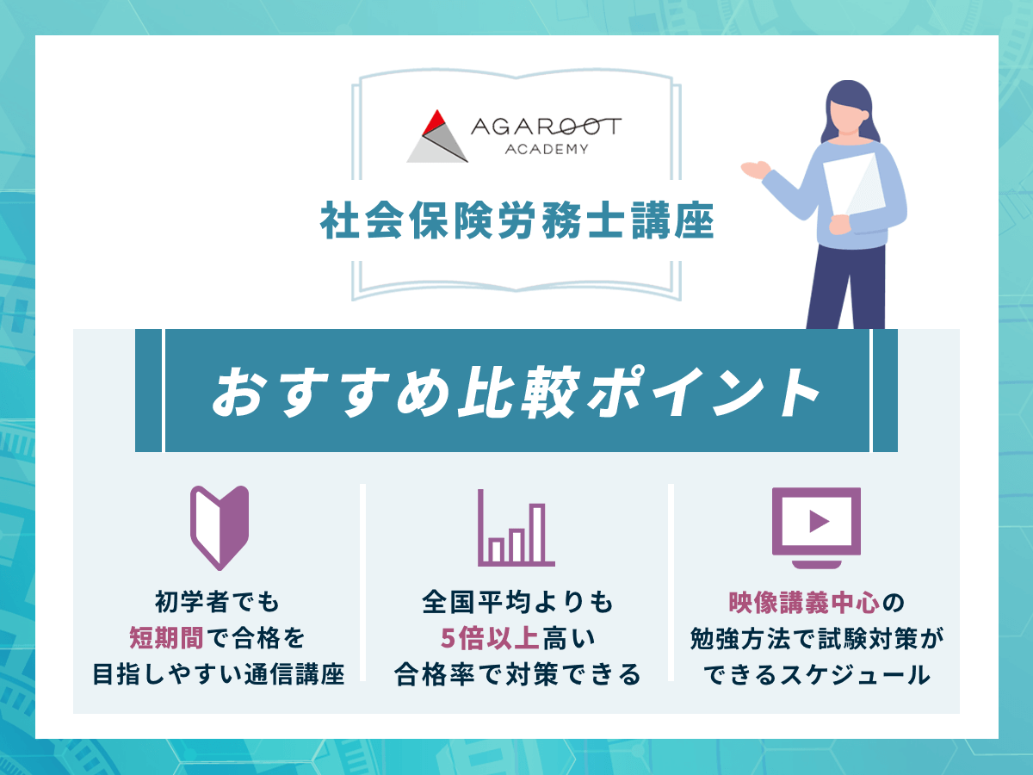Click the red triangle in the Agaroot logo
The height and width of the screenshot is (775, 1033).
pos(434,121)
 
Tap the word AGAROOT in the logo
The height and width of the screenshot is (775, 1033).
pos(545,127)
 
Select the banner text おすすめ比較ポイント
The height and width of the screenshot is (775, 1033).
pos(516,391)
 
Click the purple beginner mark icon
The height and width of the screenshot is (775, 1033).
pos(219,527)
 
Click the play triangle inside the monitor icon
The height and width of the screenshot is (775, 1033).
pos(819,520)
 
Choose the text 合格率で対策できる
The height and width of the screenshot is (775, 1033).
pos(517,675)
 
